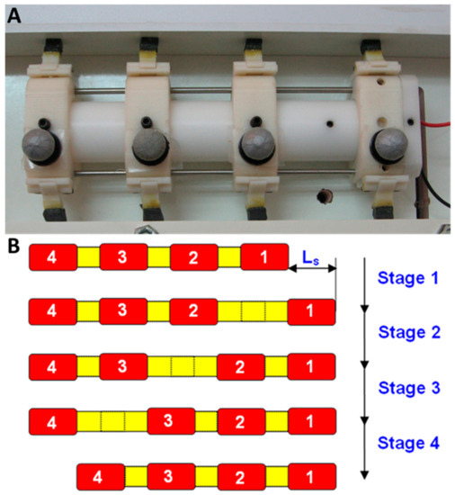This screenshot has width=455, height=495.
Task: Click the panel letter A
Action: pos(15,16)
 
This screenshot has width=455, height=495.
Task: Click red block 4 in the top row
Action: pos(52,257)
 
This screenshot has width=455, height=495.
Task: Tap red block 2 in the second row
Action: pos(194,312)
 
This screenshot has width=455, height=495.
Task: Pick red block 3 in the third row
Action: pos(123,367)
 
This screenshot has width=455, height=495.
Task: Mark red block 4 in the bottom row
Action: pos(101,476)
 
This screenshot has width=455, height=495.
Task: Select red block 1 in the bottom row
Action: pos(312,476)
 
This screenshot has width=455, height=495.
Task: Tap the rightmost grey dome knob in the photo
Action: pos(389,146)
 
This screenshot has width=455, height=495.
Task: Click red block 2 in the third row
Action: pos(242,367)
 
